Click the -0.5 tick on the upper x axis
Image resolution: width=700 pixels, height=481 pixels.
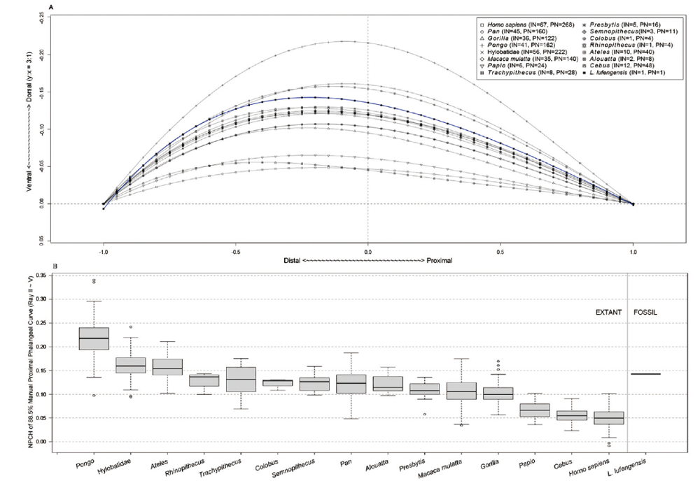(236, 247)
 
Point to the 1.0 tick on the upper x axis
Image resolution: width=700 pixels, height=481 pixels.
(633, 247)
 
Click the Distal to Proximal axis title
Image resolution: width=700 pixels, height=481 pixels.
(368, 259)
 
